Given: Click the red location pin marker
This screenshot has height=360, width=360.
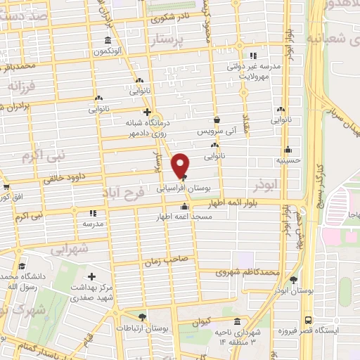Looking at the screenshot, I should pyautogui.click(x=181, y=164).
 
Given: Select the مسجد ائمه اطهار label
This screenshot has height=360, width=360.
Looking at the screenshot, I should pyautogui.click(x=184, y=217).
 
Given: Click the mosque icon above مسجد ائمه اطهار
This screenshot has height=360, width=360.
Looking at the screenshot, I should pyautogui.click(x=184, y=207).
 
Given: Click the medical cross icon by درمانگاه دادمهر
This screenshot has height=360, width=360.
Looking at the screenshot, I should pyautogui.click(x=146, y=111).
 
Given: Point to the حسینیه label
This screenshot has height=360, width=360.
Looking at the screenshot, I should pyautogui.click(x=288, y=160).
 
